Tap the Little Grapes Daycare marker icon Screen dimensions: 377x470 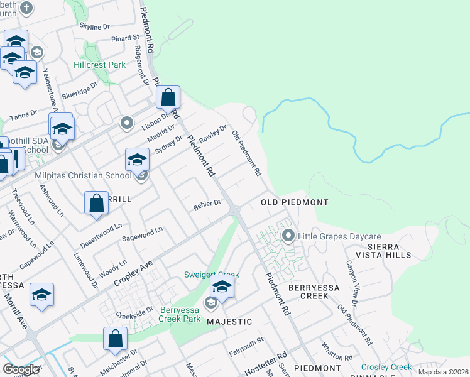pos(289,236)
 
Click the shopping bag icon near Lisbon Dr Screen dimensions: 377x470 pos(168,98)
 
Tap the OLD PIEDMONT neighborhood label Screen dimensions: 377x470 pos(295,202)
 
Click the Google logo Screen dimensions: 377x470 pos(21,369)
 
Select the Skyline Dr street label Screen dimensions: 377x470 pos(94,26)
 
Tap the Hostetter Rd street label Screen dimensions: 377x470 pos(266,358)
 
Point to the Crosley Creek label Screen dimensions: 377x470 pos(386,367)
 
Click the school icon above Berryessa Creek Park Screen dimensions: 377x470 pos(222,287)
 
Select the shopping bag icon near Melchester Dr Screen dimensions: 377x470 pos(116,339)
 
